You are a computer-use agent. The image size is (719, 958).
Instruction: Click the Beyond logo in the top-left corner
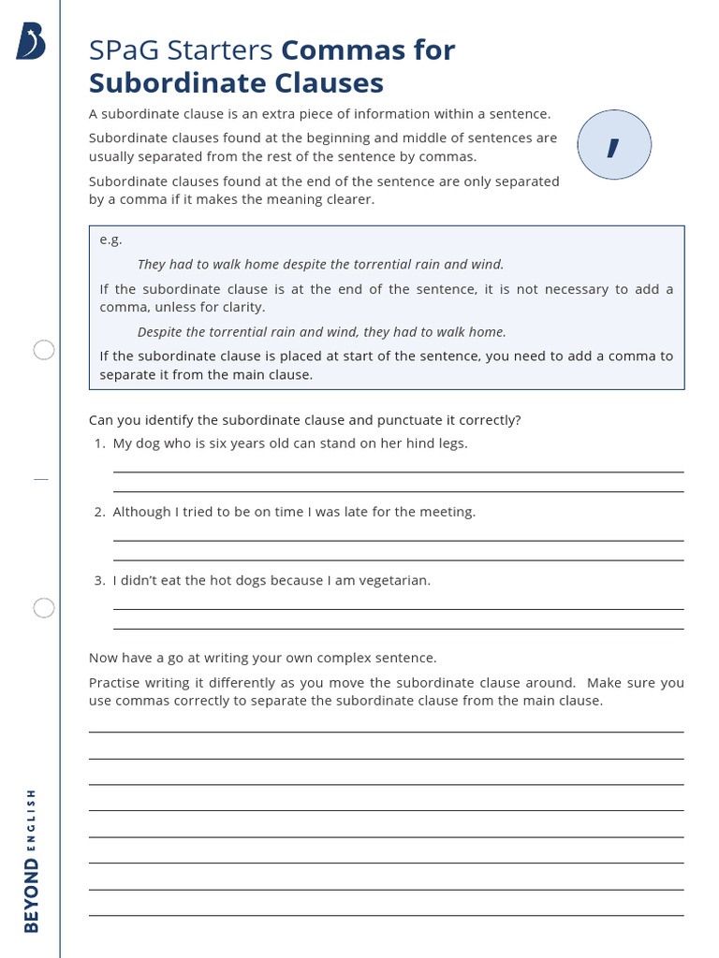[x=31, y=42]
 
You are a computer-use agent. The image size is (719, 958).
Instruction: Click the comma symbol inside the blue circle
[x=613, y=146]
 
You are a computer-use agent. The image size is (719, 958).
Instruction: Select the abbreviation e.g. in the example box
[x=110, y=239]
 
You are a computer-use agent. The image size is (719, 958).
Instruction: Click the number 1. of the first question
[x=99, y=443]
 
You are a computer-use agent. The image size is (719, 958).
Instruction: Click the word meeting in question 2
[x=447, y=512]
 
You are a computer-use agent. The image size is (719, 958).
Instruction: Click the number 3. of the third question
[x=99, y=580]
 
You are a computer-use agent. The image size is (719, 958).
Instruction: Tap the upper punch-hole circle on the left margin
[x=44, y=350]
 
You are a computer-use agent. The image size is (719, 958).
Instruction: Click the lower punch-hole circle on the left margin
[x=44, y=608]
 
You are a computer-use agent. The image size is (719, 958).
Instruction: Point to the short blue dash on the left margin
[x=40, y=479]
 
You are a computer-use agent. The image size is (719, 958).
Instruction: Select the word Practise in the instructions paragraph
[x=116, y=683]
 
